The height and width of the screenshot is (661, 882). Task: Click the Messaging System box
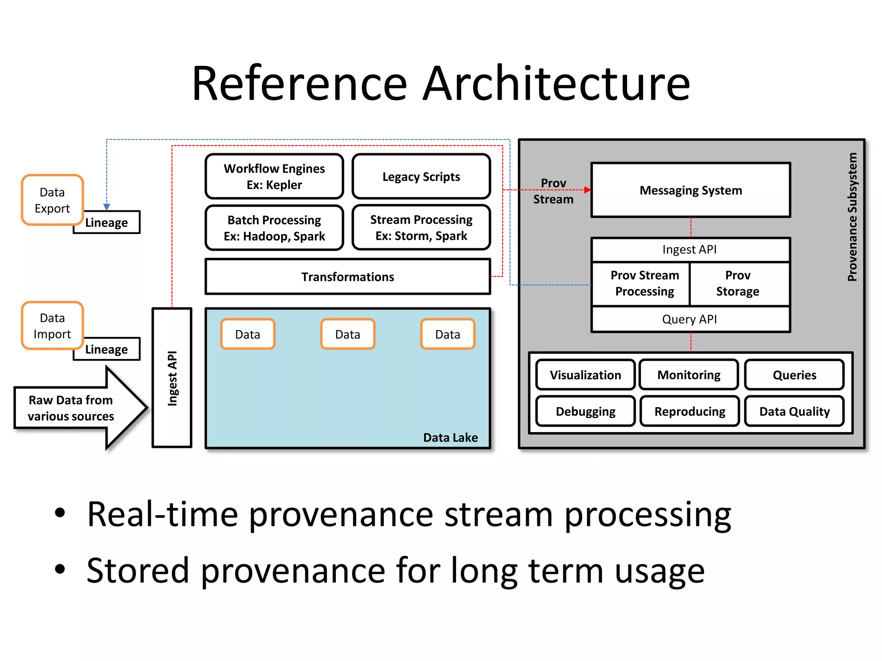coord(690,190)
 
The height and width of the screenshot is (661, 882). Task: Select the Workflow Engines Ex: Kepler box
coord(274,176)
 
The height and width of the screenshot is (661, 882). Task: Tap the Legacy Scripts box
coord(421,176)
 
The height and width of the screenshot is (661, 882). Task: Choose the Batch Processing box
coord(274,228)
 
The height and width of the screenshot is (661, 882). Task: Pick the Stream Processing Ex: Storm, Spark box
coord(421,227)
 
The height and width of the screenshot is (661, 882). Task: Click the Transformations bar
coord(348,277)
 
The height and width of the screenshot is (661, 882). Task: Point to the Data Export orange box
coord(52,200)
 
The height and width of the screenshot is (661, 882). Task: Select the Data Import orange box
coord(52,326)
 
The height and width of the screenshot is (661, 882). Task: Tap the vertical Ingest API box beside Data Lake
coord(172,378)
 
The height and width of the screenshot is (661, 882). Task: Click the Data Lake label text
coord(450,438)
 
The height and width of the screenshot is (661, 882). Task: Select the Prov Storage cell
coord(738,284)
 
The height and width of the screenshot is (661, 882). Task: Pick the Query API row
coord(689,319)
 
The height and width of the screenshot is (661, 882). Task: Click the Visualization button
coord(585,375)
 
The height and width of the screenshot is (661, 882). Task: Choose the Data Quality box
coord(794,411)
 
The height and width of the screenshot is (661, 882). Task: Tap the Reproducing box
coord(689,411)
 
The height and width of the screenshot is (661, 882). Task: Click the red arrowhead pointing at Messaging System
coord(587,190)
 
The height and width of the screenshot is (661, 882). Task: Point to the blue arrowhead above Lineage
coord(107,207)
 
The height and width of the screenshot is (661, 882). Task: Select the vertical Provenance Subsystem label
coord(852,217)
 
